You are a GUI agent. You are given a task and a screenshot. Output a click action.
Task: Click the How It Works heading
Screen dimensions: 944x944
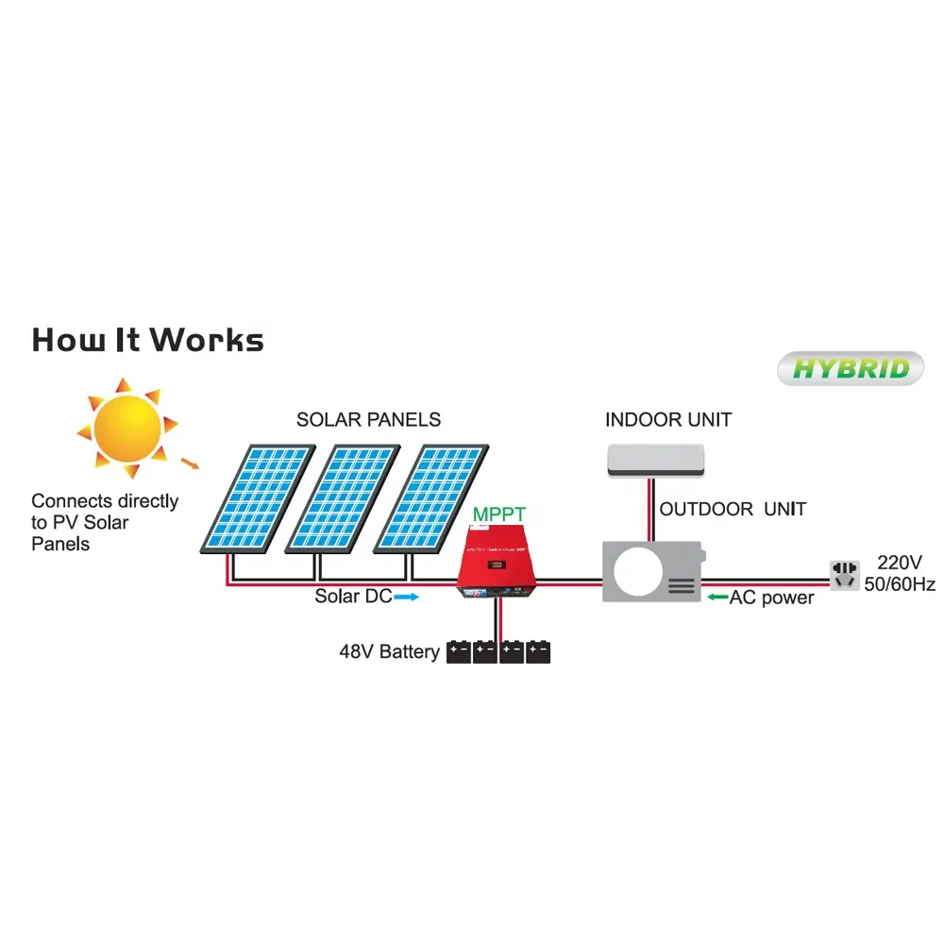(147, 340)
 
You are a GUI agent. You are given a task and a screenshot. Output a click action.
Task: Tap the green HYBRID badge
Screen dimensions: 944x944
(851, 368)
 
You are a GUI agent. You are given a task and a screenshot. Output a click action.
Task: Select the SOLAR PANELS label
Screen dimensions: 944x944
(368, 419)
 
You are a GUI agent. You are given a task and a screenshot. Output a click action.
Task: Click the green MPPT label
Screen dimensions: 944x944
(499, 514)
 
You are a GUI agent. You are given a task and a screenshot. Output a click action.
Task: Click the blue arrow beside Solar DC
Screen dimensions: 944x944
(406, 597)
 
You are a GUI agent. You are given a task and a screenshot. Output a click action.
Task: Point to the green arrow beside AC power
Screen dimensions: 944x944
(716, 598)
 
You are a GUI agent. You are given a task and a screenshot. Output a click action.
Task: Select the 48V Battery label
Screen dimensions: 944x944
(389, 651)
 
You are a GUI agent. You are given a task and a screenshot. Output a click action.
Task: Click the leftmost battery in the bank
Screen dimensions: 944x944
(459, 651)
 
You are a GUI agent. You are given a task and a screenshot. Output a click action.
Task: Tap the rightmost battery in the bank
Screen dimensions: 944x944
(539, 651)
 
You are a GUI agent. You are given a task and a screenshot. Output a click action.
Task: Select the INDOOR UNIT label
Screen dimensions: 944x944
(667, 419)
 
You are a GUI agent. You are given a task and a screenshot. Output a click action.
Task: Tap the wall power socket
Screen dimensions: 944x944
(843, 573)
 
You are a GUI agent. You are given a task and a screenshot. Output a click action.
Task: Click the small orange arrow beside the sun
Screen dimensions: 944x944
(191, 463)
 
